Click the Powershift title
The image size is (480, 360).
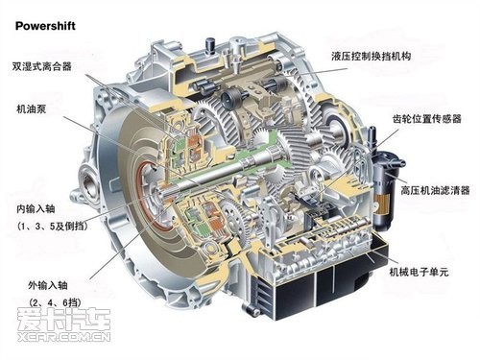click(45, 26)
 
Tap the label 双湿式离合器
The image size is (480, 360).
click(42, 66)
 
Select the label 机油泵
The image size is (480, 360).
click(32, 109)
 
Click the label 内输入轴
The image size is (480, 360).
click(36, 209)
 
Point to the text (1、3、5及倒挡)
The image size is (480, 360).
click(53, 227)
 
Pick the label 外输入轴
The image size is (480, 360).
click(48, 285)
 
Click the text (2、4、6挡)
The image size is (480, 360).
click(55, 302)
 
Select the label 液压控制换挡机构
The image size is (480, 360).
click(372, 57)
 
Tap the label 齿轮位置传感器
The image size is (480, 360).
click(427, 119)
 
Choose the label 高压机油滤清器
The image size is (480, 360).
click(435, 190)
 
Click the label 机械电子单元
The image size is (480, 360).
click(419, 272)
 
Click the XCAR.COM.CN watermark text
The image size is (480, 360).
click(64, 337)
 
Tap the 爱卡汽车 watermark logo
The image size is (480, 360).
click(64, 319)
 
